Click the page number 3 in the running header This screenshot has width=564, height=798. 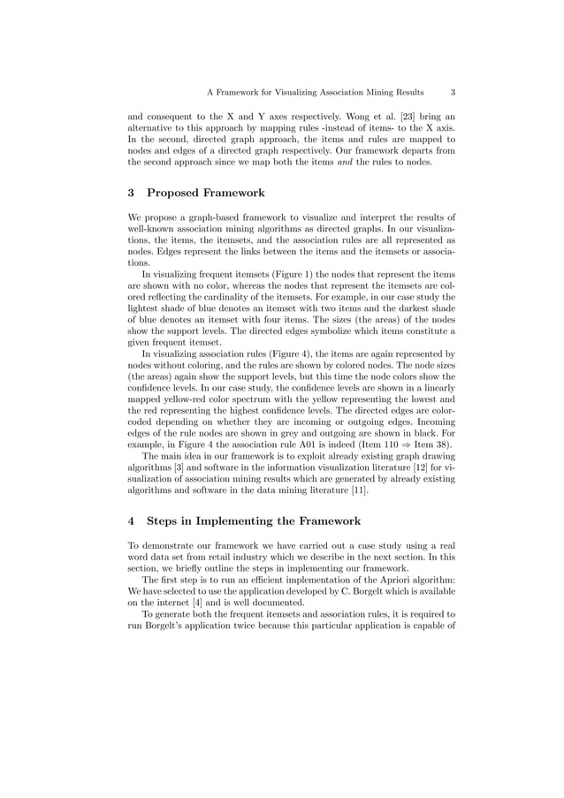pyautogui.click(x=453, y=91)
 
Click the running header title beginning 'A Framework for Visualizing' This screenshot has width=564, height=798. pyautogui.click(x=314, y=91)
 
